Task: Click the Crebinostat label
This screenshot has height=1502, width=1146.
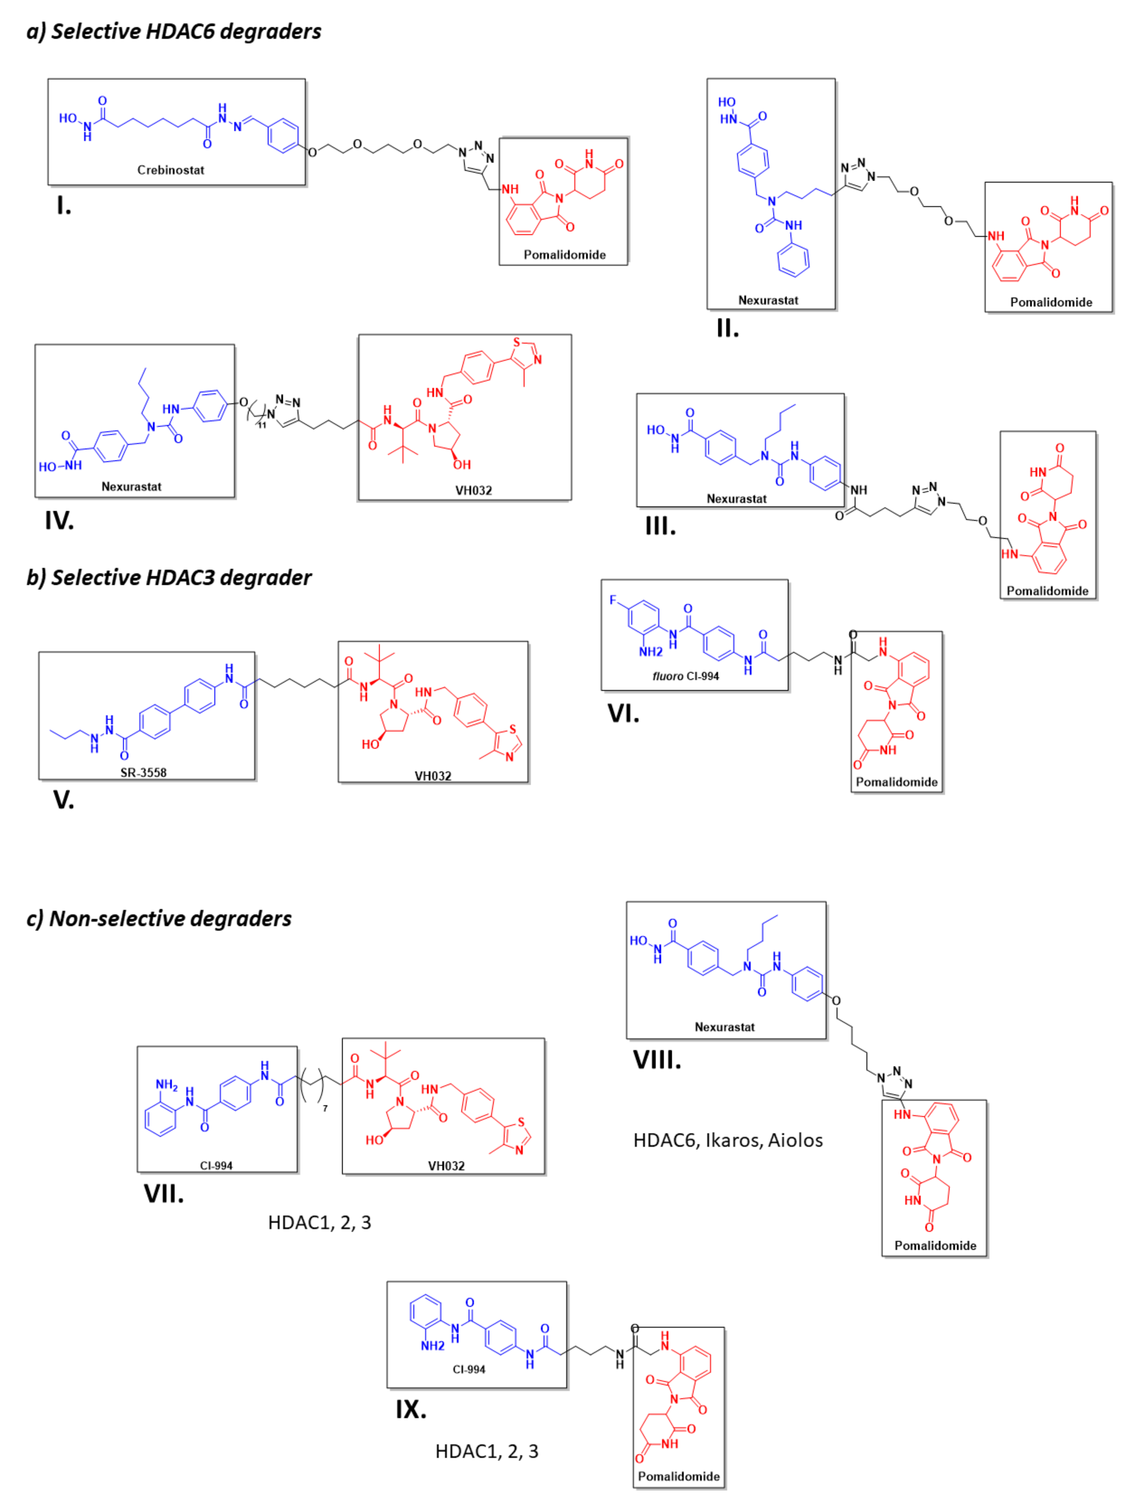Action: pos(171,170)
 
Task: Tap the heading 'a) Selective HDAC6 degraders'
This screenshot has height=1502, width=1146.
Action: pos(174,31)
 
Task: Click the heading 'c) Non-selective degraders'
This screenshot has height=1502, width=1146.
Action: pos(159,919)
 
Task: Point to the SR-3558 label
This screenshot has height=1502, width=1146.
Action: pos(143,772)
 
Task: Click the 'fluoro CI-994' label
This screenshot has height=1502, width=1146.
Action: pos(685,676)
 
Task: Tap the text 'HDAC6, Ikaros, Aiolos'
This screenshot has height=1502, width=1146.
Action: pos(728,1140)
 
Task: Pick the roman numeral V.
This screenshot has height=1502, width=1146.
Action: pos(63,800)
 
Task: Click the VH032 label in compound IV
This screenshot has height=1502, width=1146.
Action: pos(473,490)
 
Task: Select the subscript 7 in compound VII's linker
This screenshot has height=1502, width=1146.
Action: pos(325,1108)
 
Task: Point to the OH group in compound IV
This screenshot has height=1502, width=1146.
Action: pos(462,464)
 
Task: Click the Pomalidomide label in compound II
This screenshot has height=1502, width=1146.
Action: pos(1051,302)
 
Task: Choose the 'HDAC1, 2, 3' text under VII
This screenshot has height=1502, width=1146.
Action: pos(319,1222)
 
